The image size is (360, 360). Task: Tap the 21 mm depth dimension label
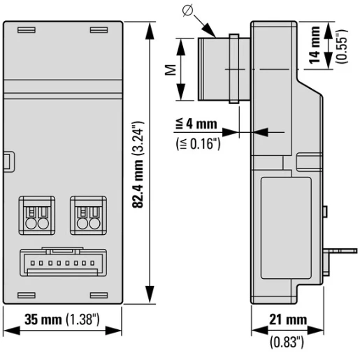(x=288, y=319)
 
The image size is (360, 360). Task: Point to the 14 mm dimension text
(x=315, y=45)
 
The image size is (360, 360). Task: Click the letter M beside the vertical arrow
(x=171, y=69)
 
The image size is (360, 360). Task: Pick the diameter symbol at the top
(x=187, y=10)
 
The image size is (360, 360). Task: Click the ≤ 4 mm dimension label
(x=196, y=124)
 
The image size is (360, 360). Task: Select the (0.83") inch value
(x=287, y=342)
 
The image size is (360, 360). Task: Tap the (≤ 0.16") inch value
(x=198, y=144)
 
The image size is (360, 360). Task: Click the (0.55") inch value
(x=342, y=46)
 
